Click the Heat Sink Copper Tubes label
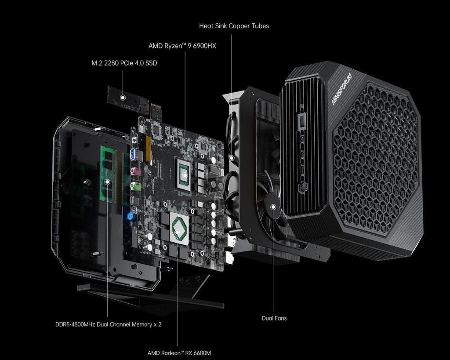234,26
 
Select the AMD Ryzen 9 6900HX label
182,46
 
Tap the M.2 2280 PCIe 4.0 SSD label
124,63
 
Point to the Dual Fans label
274,318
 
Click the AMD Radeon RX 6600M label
179,353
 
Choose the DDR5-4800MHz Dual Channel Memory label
108,324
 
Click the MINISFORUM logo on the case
341,89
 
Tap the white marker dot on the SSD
123,98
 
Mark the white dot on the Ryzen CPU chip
185,175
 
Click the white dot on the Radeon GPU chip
178,232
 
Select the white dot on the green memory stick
107,182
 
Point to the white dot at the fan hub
273,207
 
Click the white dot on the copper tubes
232,158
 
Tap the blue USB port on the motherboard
133,155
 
